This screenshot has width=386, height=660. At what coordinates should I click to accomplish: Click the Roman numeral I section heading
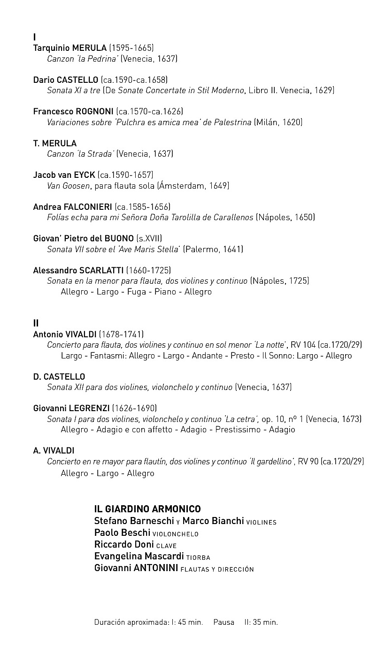pos(35,37)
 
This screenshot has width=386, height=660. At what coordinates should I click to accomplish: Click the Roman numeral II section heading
pos(36,323)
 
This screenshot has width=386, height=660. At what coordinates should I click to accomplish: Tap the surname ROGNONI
pos(94,111)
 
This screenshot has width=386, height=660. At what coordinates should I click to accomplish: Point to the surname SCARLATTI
pos(101,270)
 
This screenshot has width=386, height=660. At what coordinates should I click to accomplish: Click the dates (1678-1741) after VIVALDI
pos(121,334)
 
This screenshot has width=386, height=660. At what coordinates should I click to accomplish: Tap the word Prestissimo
pos(237,429)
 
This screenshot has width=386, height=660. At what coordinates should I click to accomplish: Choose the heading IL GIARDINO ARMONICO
pos(147,509)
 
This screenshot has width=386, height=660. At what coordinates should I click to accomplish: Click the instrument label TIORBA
pos(198,558)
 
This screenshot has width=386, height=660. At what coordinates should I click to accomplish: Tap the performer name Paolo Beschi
pos(122,533)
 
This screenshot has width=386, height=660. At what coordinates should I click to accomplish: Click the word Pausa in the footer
pos(224,622)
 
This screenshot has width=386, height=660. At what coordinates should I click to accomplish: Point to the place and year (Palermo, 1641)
pos(213,249)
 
